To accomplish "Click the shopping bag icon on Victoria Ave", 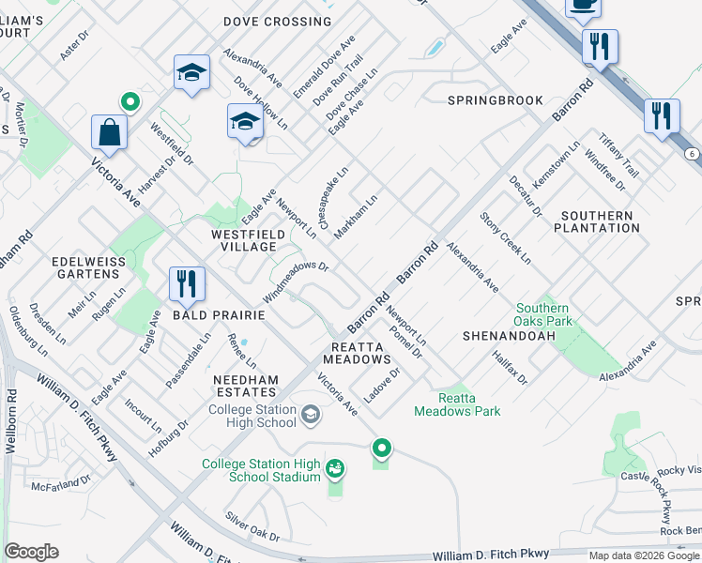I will point(110,132).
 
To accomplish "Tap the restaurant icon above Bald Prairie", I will point(187,284).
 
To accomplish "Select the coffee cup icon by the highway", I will point(583,6).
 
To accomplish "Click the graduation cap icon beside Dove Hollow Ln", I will point(245,122).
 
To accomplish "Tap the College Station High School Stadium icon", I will point(335,466).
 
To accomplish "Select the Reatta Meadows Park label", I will point(457,403).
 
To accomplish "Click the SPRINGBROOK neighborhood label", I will point(495,99).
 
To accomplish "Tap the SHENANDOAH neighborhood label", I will point(505,335).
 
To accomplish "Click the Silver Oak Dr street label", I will point(252,526).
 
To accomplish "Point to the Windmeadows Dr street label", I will point(295,281).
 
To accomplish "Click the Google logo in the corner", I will point(31,551).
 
